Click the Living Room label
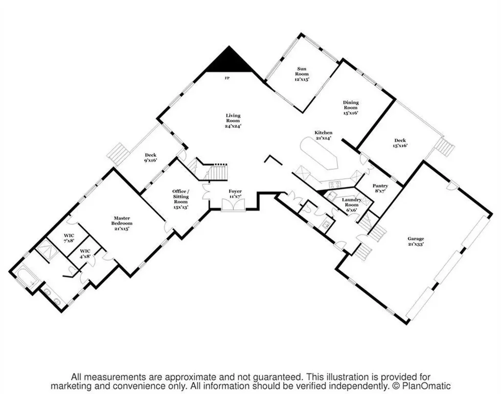click(x=233, y=120)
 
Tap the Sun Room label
click(x=302, y=74)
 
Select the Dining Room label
click(x=351, y=108)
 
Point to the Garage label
click(x=416, y=241)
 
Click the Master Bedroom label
click(x=122, y=223)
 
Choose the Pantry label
click(x=380, y=188)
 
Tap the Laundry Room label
click(x=351, y=205)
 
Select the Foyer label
click(x=235, y=194)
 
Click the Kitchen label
click(x=323, y=135)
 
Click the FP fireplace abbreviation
click(x=227, y=78)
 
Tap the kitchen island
click(x=319, y=154)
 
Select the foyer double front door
click(x=233, y=205)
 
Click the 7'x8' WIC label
click(x=69, y=238)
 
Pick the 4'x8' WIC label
click(x=85, y=254)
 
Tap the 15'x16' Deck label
click(x=400, y=143)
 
